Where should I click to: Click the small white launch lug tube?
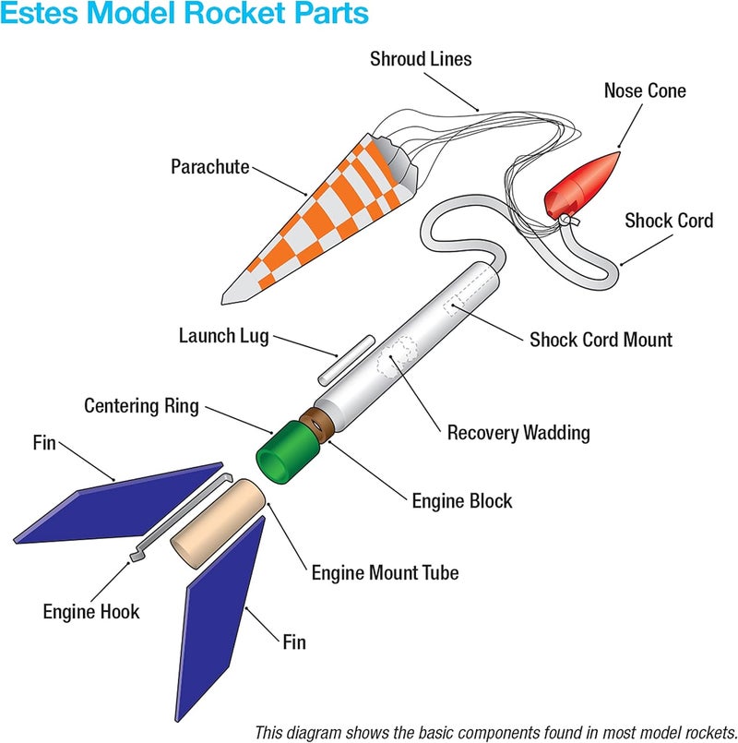[x=343, y=359]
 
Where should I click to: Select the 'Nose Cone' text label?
[x=645, y=90]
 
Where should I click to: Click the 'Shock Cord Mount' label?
[x=601, y=340]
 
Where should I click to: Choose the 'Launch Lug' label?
[x=223, y=335]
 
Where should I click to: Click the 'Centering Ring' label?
[x=141, y=406]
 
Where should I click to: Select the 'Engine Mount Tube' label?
[x=385, y=572]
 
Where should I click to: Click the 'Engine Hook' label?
[x=91, y=611]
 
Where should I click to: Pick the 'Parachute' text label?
[x=209, y=167]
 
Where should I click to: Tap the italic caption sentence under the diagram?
[x=494, y=730]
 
